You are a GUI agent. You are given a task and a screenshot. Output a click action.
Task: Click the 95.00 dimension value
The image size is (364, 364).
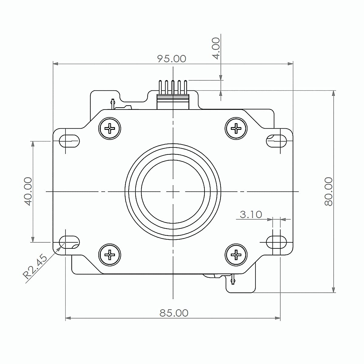(x=172, y=59)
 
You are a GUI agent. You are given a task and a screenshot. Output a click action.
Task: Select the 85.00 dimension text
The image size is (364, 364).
(x=174, y=313)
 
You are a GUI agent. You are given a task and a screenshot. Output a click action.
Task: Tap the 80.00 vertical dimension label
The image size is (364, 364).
(x=329, y=191)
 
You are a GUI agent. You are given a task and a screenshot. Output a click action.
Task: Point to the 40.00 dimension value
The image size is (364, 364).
(x=28, y=191)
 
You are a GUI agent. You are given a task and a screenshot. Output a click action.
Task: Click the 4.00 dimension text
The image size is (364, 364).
(x=216, y=48)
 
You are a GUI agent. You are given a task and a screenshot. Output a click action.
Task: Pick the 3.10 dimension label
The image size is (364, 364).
(x=251, y=214)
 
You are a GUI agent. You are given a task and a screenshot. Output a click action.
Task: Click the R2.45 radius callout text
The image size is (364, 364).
(x=35, y=267)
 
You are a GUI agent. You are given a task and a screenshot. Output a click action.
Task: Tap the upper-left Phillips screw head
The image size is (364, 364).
(x=110, y=128)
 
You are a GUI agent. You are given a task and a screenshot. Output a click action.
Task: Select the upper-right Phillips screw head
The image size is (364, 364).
(x=236, y=128)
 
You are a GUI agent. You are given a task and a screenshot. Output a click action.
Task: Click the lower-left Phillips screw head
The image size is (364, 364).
(x=110, y=255)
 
